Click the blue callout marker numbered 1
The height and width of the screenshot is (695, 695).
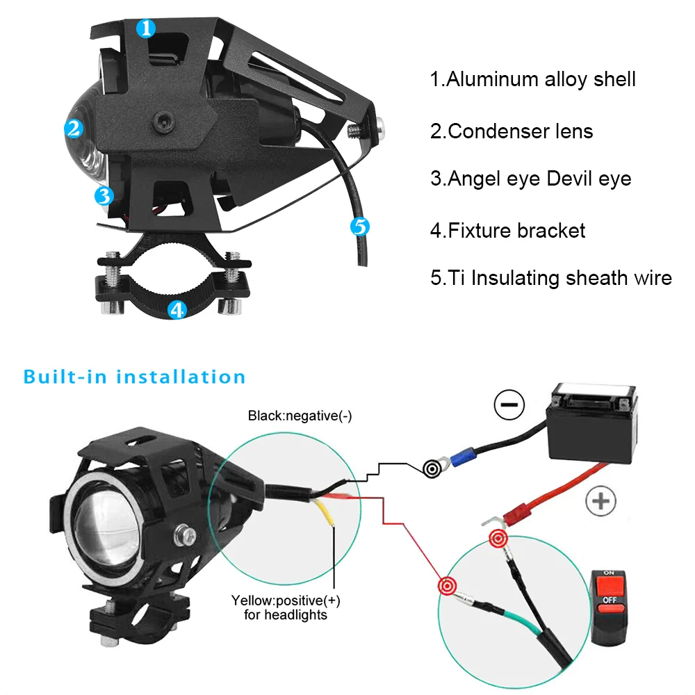(x=145, y=28)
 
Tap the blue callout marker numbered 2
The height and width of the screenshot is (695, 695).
(x=74, y=128)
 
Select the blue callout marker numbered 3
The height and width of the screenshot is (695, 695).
(x=103, y=195)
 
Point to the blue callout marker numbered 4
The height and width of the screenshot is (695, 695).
(x=177, y=309)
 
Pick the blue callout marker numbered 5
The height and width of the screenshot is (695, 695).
(x=359, y=226)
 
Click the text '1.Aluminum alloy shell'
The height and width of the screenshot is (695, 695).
(x=532, y=79)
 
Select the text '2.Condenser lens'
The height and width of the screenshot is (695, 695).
(x=512, y=131)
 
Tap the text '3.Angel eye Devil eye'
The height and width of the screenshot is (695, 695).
(x=530, y=179)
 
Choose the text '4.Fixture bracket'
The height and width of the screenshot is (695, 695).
(x=507, y=230)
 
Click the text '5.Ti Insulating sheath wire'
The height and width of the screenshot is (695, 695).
(x=550, y=278)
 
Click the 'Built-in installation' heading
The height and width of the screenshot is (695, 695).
(x=135, y=377)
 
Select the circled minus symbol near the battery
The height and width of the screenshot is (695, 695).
(x=509, y=404)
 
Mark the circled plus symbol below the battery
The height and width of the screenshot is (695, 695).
(x=601, y=501)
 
